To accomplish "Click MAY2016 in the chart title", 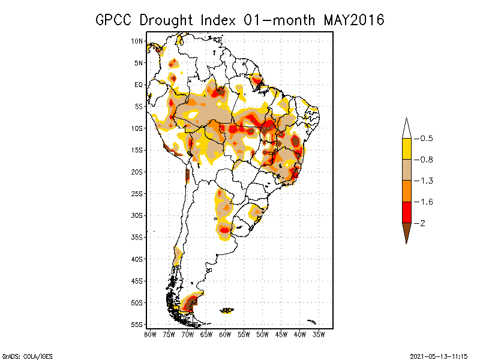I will [353, 20].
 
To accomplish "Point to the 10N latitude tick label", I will [137, 41].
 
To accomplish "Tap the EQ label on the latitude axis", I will [139, 85].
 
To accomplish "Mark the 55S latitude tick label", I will [137, 324].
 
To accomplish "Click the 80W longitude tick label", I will [150, 334].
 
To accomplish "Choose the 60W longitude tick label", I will [225, 334].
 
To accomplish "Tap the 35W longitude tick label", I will [319, 334].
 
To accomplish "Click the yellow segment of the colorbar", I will [406, 149].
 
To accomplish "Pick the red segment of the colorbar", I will [406, 212].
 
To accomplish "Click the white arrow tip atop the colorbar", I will [406, 128].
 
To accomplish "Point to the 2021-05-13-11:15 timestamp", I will [439, 355].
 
